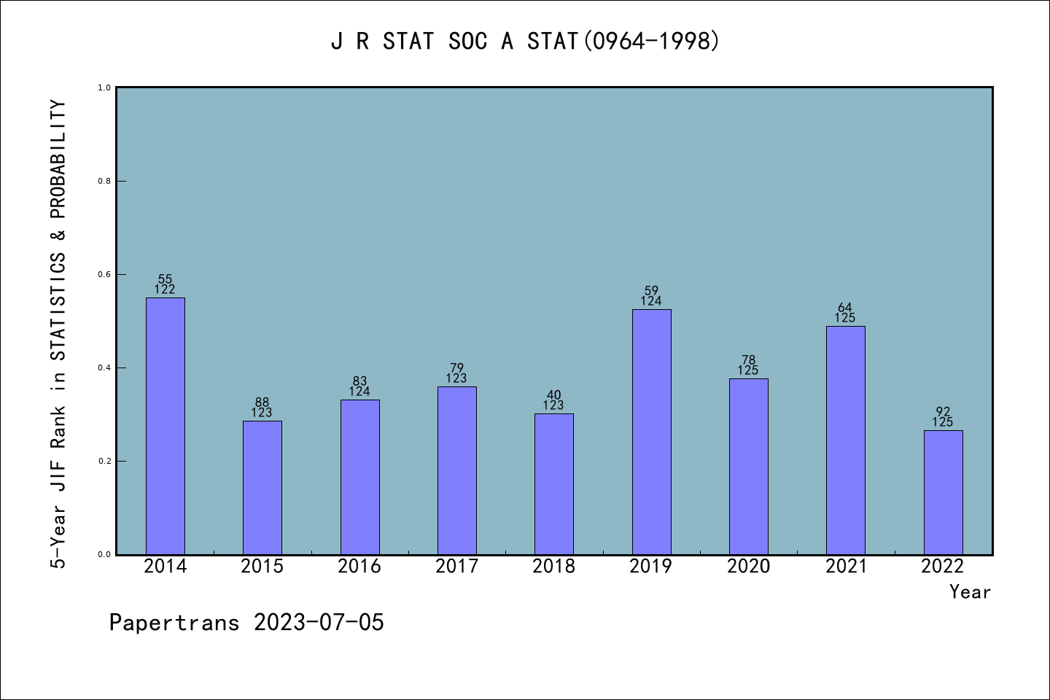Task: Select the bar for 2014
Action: point(166,426)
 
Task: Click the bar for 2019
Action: point(651,432)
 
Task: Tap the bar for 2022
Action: point(943,492)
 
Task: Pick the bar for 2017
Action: point(456,470)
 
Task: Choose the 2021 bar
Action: point(845,440)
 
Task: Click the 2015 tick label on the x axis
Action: point(262,566)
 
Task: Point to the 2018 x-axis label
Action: point(553,566)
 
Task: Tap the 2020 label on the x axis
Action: point(748,566)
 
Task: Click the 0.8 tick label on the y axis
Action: point(104,181)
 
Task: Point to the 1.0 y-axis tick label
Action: point(104,87)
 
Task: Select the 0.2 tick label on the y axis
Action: point(104,461)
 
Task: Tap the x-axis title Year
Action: point(970,592)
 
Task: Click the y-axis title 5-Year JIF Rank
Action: point(58,334)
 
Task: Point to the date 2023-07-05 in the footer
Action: point(319,623)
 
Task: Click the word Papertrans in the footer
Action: point(174,623)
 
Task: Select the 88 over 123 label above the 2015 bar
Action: point(262,408)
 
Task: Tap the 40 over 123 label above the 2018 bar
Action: point(553,400)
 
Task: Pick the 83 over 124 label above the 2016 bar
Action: point(359,386)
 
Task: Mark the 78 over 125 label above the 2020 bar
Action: point(748,365)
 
